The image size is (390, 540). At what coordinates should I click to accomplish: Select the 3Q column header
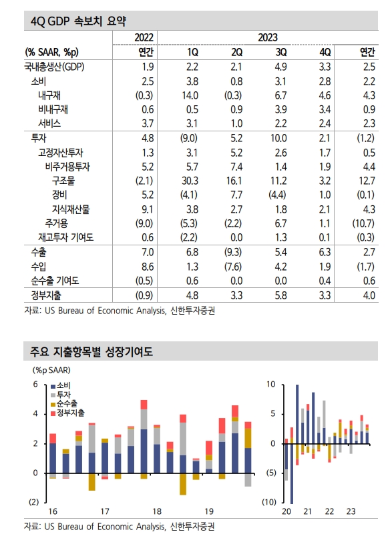pos(281,52)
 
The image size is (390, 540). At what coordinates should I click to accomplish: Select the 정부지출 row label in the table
pos(46,294)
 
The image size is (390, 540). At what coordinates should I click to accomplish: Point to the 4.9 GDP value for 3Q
pos(281,67)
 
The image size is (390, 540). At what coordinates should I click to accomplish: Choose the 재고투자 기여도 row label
pos(65,238)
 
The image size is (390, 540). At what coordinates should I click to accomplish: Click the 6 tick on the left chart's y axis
pos(36,385)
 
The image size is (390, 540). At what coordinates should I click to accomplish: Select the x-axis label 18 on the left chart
pos(156,511)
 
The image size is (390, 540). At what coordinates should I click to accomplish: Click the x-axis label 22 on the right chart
pos(329,511)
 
